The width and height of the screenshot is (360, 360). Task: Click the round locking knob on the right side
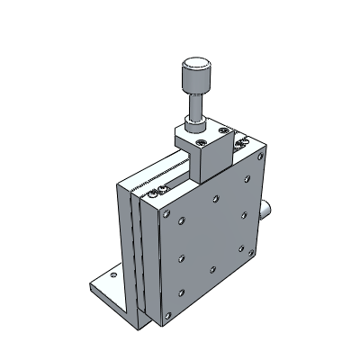point(267,211)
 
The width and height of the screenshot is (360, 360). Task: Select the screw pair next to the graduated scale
point(160,189)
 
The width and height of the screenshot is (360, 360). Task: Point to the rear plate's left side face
point(125,243)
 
